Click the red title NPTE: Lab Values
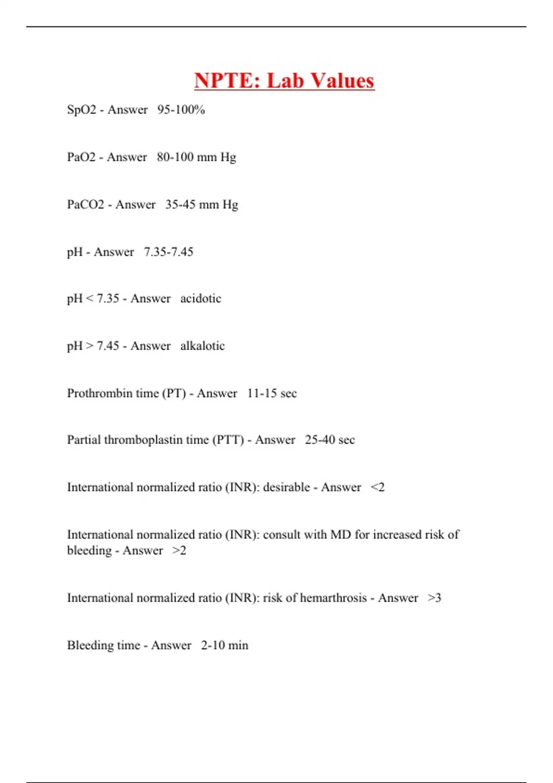tap(284, 81)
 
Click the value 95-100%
tap(181, 110)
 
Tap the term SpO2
tap(82, 110)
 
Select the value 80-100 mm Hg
tap(196, 157)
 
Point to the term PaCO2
tap(86, 205)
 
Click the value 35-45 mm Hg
tap(201, 205)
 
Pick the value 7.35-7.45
tap(168, 252)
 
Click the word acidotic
tap(200, 298)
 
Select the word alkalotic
tap(202, 346)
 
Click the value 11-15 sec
tap(272, 393)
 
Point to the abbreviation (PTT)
tap(228, 440)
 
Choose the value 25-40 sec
tap(329, 440)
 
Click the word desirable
tap(286, 487)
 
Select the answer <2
tap(377, 487)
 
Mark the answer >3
tap(434, 598)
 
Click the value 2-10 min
tap(224, 645)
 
